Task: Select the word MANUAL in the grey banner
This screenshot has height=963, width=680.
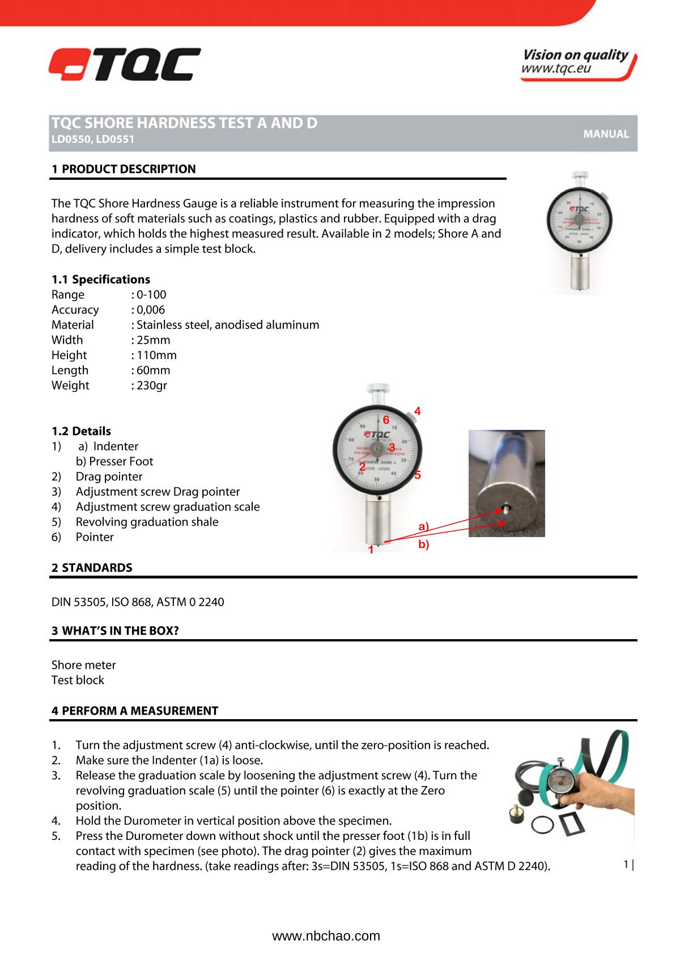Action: coord(606,134)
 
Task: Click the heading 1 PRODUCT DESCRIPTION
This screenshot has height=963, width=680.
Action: coord(124,169)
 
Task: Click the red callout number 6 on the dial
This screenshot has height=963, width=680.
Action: coord(386,420)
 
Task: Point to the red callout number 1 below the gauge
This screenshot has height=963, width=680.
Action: coord(371,550)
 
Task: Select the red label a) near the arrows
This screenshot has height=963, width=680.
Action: coord(423,527)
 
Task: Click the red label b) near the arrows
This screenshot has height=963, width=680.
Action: coord(423,545)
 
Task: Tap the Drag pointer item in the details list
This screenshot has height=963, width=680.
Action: coord(109,477)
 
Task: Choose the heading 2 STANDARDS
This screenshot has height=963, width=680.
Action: coord(92,568)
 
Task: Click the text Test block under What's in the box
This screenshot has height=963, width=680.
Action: coord(78,681)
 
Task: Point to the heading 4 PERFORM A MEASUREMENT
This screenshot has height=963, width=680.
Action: coord(135,711)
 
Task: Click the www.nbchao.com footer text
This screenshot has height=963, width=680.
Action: coord(326,936)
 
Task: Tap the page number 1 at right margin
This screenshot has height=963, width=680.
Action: coord(626,864)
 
